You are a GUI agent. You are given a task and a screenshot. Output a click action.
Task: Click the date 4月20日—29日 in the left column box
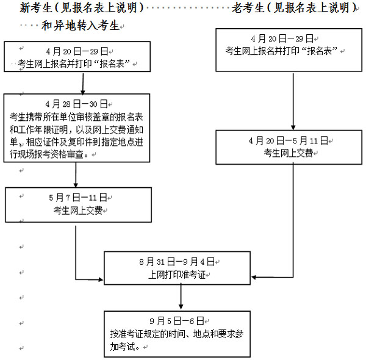click(x=77, y=52)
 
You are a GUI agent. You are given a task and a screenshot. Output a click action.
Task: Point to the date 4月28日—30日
click(x=77, y=104)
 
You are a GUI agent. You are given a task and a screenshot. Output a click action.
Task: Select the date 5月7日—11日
click(x=77, y=198)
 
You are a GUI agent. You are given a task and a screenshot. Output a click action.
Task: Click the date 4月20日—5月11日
click(x=289, y=141)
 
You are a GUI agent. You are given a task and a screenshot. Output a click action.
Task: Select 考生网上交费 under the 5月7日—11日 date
click(x=77, y=211)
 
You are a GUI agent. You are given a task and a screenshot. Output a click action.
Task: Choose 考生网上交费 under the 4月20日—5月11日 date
click(x=289, y=153)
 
